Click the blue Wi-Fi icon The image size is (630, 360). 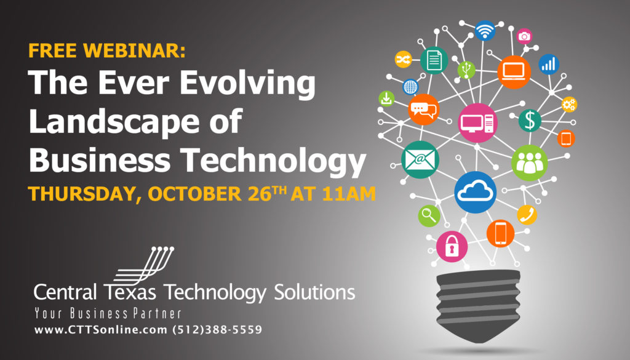[485, 31]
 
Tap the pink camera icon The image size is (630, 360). [524, 36]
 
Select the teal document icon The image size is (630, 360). [434, 61]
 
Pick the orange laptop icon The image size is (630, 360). [514, 72]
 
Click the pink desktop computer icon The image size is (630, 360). [477, 123]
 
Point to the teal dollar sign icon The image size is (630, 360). [530, 121]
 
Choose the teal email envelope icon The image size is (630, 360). [420, 159]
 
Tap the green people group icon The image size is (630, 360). [529, 162]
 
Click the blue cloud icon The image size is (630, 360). [476, 192]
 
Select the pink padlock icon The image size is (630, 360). [452, 246]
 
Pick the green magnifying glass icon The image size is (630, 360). [429, 216]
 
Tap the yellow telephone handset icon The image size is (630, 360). [527, 215]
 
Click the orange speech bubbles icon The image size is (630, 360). [423, 110]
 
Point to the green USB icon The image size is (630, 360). [466, 70]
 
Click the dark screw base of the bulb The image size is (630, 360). [478, 305]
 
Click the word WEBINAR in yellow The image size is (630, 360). [134, 50]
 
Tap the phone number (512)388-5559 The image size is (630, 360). [217, 330]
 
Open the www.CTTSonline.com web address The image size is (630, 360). [101, 330]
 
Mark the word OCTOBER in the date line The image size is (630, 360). [195, 194]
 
